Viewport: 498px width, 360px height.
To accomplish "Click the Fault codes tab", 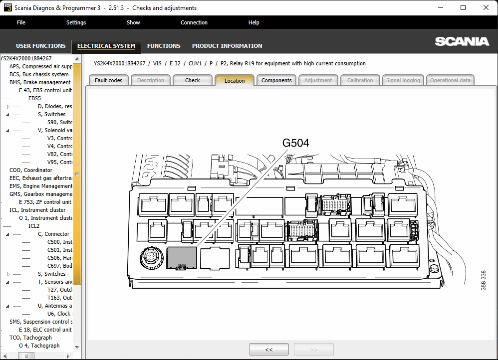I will [x=108, y=80].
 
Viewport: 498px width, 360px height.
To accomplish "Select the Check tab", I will [x=192, y=80].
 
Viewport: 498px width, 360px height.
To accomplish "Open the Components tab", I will [x=276, y=80].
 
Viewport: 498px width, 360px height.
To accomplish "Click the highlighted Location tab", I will [x=235, y=81].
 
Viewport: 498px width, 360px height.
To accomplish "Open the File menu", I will [x=21, y=22].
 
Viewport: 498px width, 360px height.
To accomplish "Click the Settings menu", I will [x=76, y=22].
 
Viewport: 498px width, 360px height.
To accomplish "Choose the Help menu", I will [x=253, y=22].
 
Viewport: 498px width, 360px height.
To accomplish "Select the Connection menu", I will [x=194, y=22].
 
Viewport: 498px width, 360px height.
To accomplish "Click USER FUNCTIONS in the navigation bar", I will [x=40, y=46].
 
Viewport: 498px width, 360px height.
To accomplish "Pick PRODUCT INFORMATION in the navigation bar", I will [x=227, y=46].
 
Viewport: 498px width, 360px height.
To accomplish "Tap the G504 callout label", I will [x=295, y=143].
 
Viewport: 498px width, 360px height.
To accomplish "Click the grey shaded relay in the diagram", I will [x=181, y=258].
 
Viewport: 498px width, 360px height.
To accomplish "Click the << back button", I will [x=268, y=350].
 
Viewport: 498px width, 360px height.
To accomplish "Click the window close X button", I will [x=486, y=7].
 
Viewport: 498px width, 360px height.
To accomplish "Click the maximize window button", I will [x=463, y=7].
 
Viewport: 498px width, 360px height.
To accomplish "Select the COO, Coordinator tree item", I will [x=30, y=170].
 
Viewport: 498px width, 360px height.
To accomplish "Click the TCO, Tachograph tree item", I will [x=30, y=338].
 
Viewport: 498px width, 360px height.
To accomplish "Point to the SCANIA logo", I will [x=462, y=41].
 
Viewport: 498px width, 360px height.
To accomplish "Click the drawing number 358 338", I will [x=483, y=280].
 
